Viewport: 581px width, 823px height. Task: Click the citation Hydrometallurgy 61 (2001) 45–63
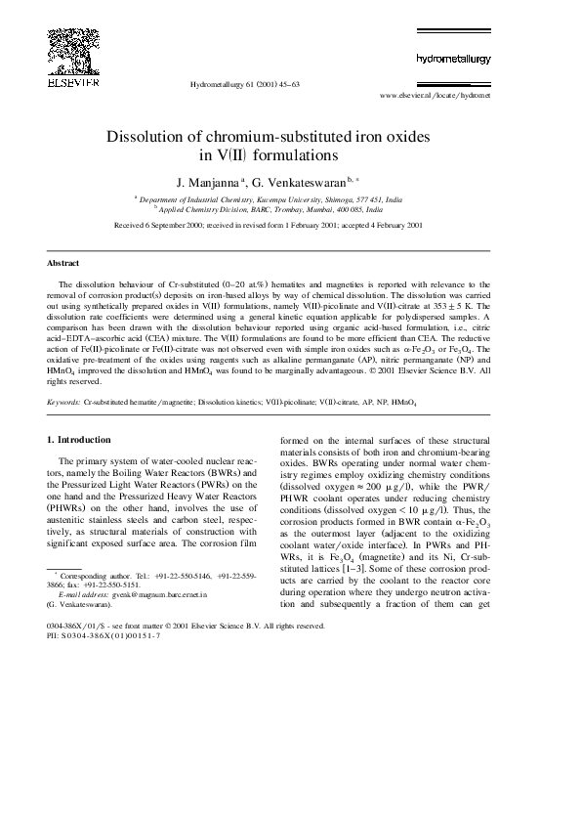(x=243, y=85)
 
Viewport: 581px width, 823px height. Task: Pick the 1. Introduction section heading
(x=79, y=440)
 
